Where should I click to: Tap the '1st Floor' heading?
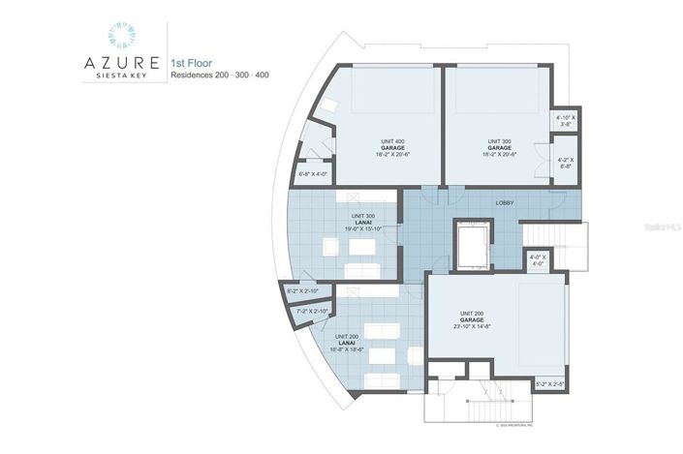pyautogui.click(x=192, y=61)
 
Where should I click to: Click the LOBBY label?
pyautogui.click(x=506, y=203)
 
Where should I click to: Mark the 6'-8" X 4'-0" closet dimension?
pyautogui.click(x=313, y=174)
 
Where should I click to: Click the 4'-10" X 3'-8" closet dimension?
pyautogui.click(x=566, y=121)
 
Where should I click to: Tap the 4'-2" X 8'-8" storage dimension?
pyautogui.click(x=566, y=163)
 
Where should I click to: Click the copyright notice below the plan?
pyautogui.click(x=523, y=424)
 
